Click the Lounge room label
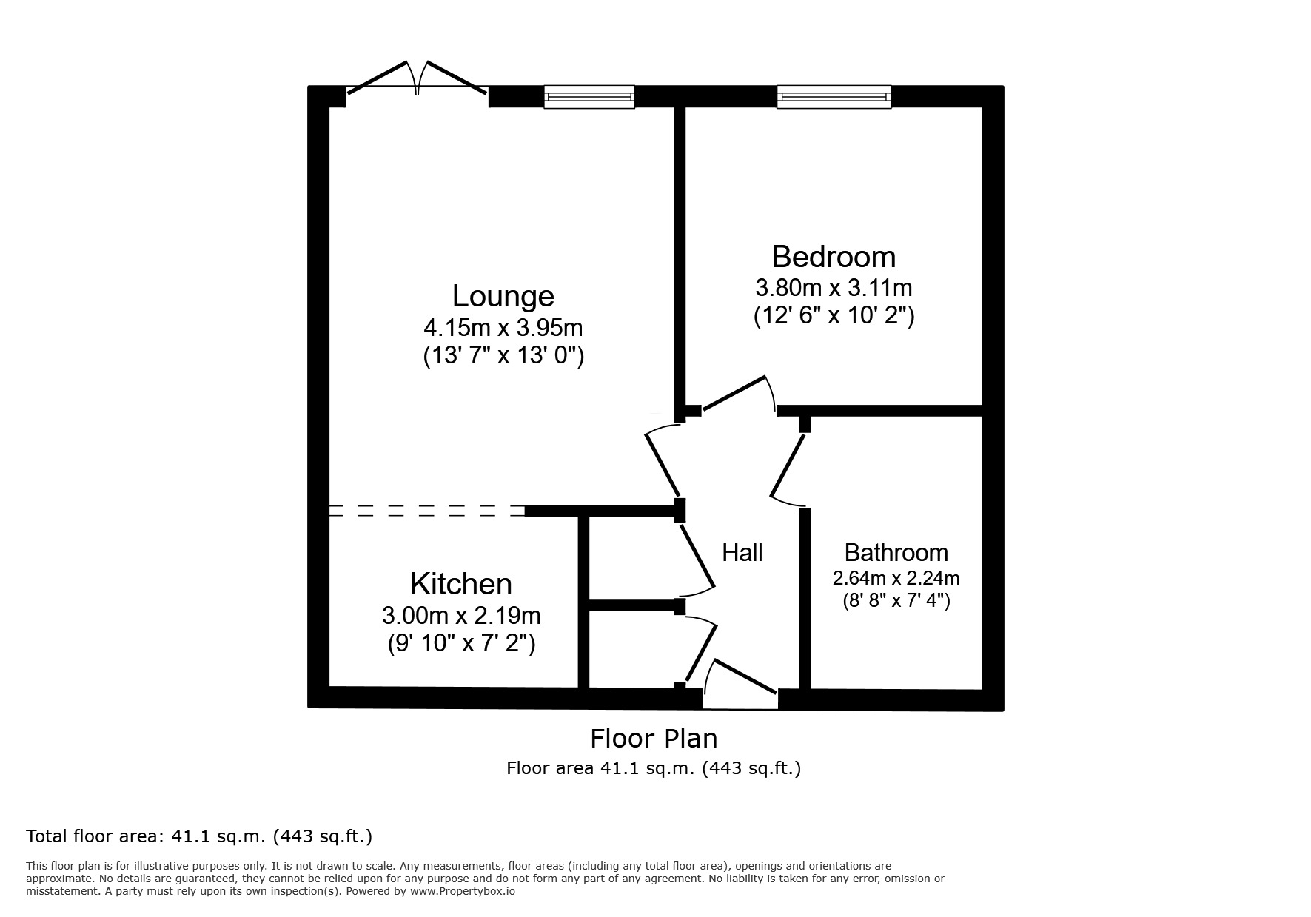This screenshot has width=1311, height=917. tap(503, 296)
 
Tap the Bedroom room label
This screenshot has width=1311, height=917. tap(834, 257)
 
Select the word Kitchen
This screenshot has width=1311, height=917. tap(460, 584)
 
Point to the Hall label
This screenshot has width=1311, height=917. tap(742, 552)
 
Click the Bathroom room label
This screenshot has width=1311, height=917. tap(896, 552)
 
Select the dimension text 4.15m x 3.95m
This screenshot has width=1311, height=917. tap(503, 326)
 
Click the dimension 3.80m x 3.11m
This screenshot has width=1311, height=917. tap(834, 286)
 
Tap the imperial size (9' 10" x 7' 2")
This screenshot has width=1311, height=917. tap(460, 643)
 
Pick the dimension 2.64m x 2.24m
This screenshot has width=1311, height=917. tap(896, 577)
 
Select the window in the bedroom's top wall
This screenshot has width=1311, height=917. tap(834, 97)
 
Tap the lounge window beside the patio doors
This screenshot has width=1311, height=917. tap(589, 97)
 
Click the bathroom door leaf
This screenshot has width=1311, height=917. tap(788, 466)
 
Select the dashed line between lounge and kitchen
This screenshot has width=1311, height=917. tap(426, 510)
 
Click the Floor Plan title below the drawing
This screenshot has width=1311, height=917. tap(653, 738)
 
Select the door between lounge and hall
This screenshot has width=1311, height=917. tap(663, 463)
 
